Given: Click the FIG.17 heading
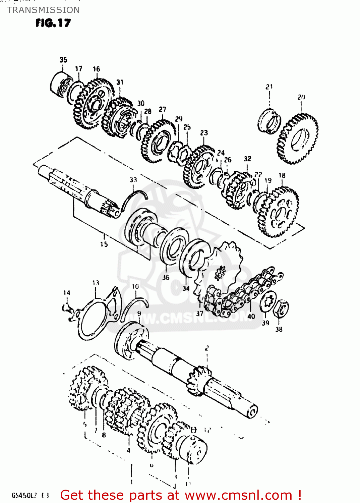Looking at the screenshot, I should click(53, 23).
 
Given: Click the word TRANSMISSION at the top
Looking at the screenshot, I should click(43, 10).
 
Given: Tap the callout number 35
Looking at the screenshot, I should click(63, 60).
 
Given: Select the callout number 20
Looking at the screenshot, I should click(301, 97).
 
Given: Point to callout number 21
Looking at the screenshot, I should click(269, 87).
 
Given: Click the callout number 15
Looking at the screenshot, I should click(104, 244).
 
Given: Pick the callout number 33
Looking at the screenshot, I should click(133, 180).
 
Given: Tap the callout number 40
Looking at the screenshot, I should click(251, 316).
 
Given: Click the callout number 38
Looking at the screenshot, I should click(279, 329).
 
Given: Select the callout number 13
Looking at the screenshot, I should click(96, 283).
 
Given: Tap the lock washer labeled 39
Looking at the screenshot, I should click(268, 300).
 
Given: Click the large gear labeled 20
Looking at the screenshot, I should click(298, 139).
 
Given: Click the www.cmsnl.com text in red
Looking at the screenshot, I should click(238, 495).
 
